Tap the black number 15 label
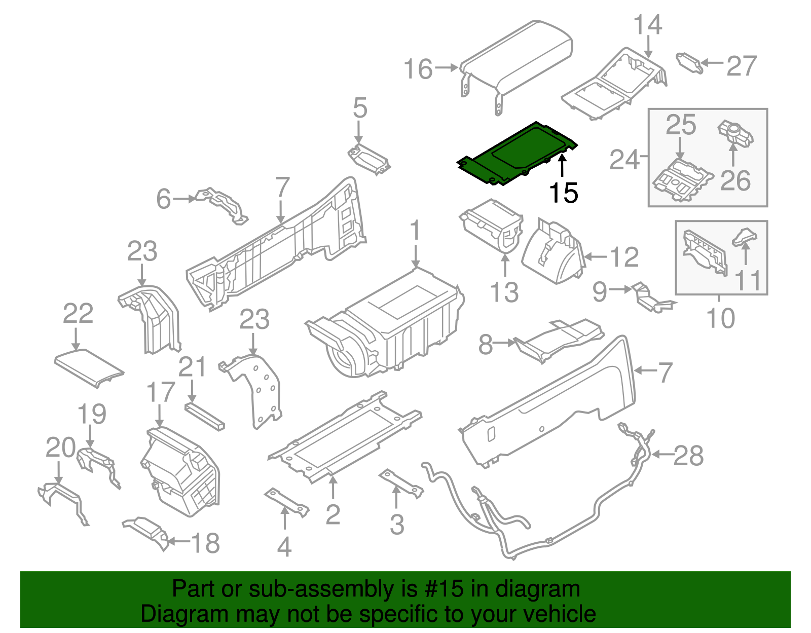point(563,193)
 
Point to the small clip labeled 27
point(690,63)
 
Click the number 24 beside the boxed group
point(624,160)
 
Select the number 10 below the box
point(720,318)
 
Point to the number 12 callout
point(624,257)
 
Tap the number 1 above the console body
point(415,231)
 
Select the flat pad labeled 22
point(89,367)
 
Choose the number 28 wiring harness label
point(688,455)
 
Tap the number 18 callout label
point(205,543)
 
